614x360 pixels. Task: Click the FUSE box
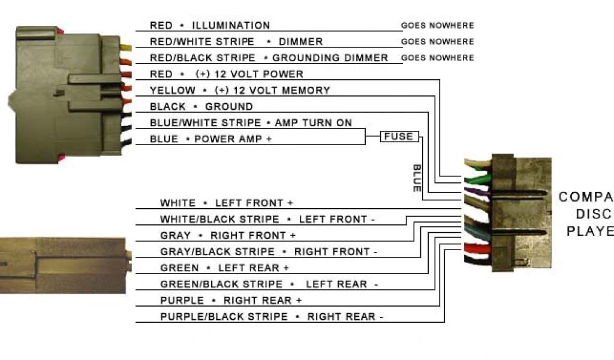(399, 137)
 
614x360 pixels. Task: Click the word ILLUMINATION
(231, 25)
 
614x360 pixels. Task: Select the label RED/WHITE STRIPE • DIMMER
(236, 41)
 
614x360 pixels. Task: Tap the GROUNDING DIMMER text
(330, 58)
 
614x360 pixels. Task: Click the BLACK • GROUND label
(201, 106)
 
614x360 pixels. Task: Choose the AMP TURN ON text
(313, 122)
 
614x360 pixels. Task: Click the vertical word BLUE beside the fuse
(417, 178)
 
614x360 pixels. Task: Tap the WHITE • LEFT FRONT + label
(227, 203)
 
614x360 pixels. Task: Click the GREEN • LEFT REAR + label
(224, 268)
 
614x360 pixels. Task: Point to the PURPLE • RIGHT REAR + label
(231, 300)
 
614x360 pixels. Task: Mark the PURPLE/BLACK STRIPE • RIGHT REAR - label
(272, 316)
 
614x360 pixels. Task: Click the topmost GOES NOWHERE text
(437, 26)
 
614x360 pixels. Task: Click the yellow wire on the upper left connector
(126, 47)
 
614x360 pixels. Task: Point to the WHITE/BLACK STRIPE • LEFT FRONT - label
(267, 219)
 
